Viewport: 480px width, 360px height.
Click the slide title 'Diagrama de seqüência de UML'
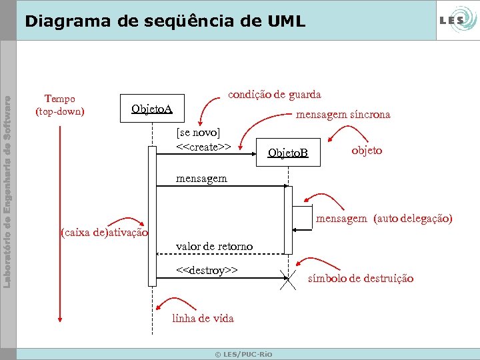click(x=164, y=21)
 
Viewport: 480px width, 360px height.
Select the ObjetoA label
click(x=151, y=109)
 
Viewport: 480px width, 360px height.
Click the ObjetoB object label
click(x=288, y=153)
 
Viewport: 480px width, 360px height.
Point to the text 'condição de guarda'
click(x=275, y=95)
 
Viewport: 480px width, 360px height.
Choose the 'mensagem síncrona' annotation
click(x=343, y=115)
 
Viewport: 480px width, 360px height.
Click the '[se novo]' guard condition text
click(x=198, y=132)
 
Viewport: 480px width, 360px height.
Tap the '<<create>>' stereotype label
click(x=203, y=146)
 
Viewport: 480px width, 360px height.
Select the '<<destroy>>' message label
click(x=207, y=270)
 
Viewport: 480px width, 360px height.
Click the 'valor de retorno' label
click(x=214, y=247)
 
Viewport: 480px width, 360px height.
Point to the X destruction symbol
click(x=289, y=281)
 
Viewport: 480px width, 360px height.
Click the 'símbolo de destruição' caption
click(x=361, y=278)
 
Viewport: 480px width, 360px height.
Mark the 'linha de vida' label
click(x=203, y=318)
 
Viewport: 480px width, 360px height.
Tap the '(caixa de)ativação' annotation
click(x=103, y=233)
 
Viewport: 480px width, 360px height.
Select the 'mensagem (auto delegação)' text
click(x=384, y=218)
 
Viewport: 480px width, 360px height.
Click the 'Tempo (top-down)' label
click(x=59, y=105)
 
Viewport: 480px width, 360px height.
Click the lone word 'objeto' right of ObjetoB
click(x=367, y=150)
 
